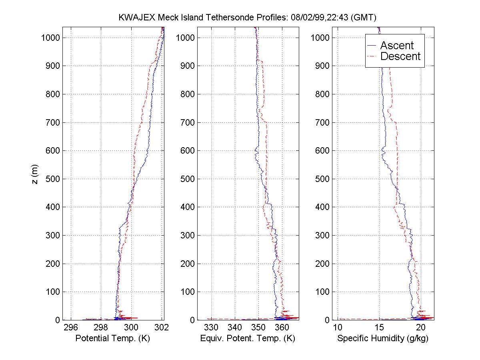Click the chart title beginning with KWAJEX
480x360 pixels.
click(x=248, y=18)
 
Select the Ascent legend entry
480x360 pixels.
click(x=396, y=46)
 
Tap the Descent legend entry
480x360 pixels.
click(x=400, y=57)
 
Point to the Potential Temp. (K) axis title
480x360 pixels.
click(x=112, y=338)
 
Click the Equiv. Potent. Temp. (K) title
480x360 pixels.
click(x=247, y=338)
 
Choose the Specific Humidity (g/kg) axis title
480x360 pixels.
click(x=383, y=338)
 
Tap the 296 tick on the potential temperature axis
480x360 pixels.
click(x=71, y=328)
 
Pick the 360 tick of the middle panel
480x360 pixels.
click(x=282, y=328)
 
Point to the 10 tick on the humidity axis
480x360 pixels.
click(x=338, y=328)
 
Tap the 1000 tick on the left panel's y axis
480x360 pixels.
click(x=50, y=38)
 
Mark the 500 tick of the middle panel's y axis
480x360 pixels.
click(x=188, y=179)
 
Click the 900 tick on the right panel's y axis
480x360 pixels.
click(x=322, y=66)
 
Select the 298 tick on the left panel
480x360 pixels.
click(x=101, y=328)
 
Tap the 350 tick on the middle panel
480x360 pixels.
click(x=258, y=328)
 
